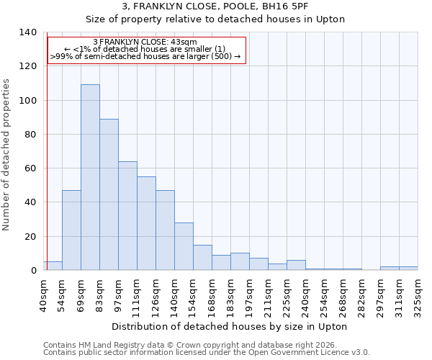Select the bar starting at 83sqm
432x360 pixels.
tap(109, 194)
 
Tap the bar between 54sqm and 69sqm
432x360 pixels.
tap(71, 230)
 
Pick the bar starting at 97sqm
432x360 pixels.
tap(127, 216)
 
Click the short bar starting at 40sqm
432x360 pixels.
tap(53, 266)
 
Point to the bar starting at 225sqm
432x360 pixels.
tap(296, 265)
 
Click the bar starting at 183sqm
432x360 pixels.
tap(240, 261)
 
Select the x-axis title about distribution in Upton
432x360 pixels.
tap(230, 326)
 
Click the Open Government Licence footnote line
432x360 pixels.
tap(207, 352)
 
